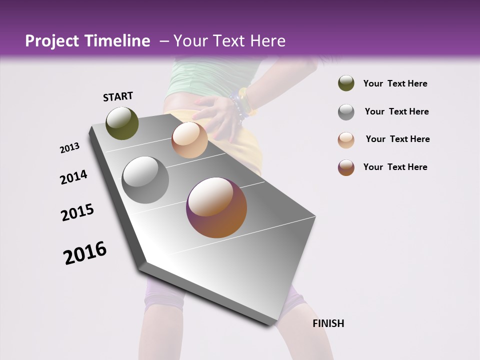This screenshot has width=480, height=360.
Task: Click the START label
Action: coord(118,96)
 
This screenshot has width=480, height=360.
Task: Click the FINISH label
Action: coord(328,323)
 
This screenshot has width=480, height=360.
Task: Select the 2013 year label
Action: coord(69,148)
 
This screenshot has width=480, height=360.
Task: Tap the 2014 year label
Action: coord(73,177)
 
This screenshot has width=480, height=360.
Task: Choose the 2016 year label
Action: coord(85,253)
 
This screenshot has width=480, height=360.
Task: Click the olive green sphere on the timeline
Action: coord(122,123)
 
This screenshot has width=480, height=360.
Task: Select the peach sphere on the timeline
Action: coord(189,140)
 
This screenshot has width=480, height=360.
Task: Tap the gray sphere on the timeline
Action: coord(145,180)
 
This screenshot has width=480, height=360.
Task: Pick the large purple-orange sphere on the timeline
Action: coord(216,207)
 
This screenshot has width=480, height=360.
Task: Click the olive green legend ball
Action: coord(346,83)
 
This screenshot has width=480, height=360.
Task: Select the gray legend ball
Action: coord(346,112)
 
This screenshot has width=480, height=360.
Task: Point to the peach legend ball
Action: coord(346,140)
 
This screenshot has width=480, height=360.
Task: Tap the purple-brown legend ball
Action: coord(346,167)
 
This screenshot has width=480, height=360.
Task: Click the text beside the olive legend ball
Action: coord(395,83)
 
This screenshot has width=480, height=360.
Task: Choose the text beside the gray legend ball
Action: coord(396,111)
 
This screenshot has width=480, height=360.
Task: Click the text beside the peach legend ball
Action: coord(397,139)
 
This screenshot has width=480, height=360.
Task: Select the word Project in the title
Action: coord(52,41)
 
